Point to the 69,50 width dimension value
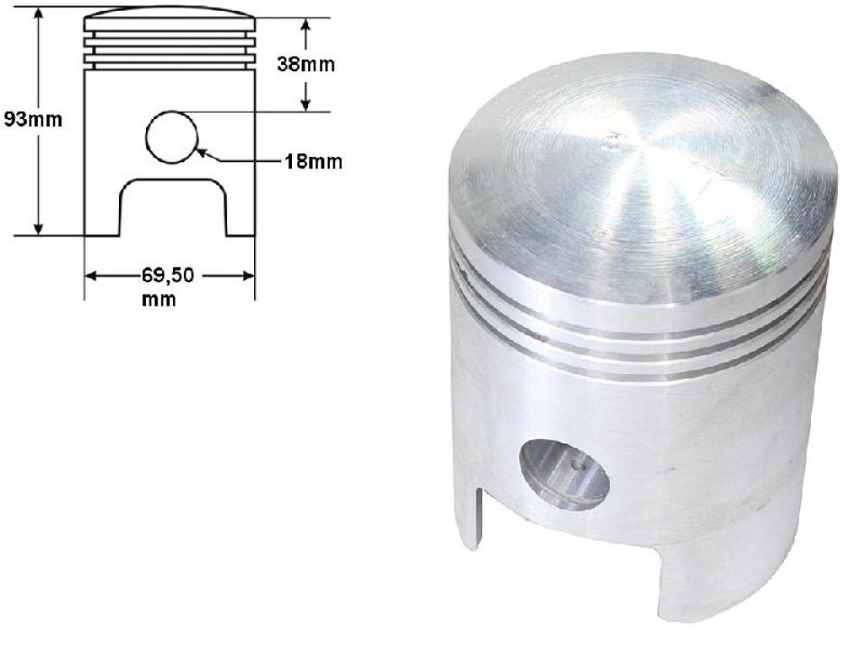(x=168, y=275)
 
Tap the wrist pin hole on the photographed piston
(x=564, y=472)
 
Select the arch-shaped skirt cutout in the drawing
(x=173, y=206)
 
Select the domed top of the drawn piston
(x=169, y=16)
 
